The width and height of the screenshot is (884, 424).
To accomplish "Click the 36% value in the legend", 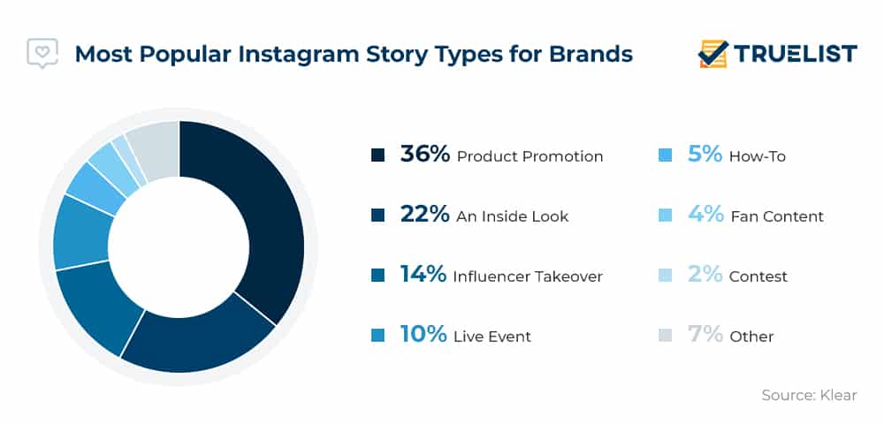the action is [x=425, y=155].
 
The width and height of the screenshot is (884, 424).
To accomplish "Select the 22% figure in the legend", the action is [x=425, y=215].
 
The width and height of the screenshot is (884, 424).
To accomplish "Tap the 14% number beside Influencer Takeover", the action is [x=423, y=274].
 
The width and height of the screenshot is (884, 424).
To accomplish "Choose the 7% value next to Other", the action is [x=705, y=335].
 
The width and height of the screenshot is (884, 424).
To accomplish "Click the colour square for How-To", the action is [x=666, y=155].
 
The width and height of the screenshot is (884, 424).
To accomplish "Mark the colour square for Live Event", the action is [x=377, y=336].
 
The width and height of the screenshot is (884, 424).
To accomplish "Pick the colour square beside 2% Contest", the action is [x=666, y=276].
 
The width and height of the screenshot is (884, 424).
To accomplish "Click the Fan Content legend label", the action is [x=777, y=216].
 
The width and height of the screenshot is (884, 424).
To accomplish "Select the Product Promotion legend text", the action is [x=530, y=156].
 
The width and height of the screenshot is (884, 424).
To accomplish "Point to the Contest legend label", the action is [x=758, y=276].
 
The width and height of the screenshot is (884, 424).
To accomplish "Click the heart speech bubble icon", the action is [x=42, y=53].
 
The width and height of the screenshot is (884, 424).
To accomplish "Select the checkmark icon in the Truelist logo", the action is [x=713, y=54].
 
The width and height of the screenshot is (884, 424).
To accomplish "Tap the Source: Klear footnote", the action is [x=809, y=395].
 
